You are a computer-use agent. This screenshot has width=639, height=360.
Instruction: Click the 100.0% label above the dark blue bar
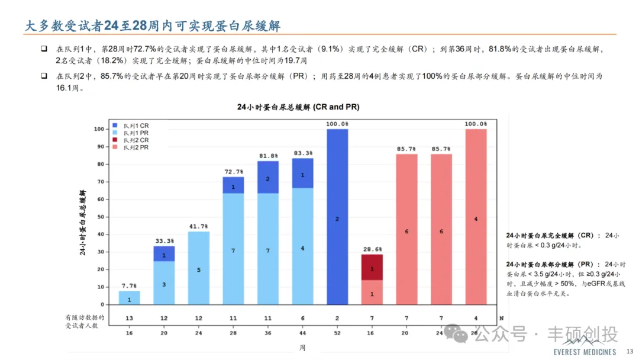[x=337, y=123]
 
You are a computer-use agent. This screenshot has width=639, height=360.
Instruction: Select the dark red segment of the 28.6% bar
[x=372, y=268]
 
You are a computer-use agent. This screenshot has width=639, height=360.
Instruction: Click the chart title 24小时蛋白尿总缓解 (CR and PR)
[x=298, y=107]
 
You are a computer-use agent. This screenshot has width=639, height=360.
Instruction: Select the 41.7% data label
[x=199, y=226]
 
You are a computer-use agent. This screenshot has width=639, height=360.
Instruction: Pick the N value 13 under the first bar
[x=130, y=318]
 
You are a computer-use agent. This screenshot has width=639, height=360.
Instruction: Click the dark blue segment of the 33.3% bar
[x=164, y=254]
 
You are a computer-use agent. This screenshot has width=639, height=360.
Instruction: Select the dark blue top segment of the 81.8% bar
[x=268, y=178]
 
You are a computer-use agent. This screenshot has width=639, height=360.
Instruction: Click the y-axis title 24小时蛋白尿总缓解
[x=83, y=223]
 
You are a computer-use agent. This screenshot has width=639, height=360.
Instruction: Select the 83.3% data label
[x=302, y=153]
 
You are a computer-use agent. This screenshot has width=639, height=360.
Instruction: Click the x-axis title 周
[x=302, y=348]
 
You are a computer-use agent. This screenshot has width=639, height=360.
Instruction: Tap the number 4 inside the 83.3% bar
[x=302, y=248]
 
